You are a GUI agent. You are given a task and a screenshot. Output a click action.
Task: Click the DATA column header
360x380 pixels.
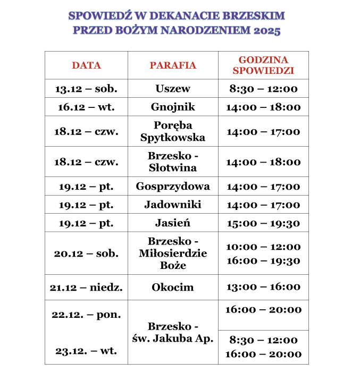[86, 65]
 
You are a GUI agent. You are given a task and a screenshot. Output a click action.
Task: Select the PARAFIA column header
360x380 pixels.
[173, 65]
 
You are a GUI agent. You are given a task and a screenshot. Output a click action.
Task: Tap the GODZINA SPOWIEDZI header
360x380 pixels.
[263, 65]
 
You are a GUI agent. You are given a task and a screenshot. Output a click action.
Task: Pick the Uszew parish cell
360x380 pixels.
[173, 89]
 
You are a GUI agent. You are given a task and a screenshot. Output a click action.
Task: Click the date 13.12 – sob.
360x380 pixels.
[86, 89]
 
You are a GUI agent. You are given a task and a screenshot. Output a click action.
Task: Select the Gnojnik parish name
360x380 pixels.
[173, 107]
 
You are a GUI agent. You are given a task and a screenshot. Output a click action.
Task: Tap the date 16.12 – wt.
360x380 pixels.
[86, 107]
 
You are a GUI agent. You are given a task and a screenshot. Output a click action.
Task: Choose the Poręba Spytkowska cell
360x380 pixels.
[173, 131]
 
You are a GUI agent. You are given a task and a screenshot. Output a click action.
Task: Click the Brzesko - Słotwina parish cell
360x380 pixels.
[173, 162]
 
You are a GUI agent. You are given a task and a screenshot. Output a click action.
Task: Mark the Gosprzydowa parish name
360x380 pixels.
[173, 187]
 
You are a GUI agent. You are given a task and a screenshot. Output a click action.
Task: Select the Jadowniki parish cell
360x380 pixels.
[173, 205]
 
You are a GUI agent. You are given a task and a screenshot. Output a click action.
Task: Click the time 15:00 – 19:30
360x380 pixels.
[263, 223]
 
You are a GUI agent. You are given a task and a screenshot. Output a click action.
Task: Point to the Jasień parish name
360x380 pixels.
[173, 223]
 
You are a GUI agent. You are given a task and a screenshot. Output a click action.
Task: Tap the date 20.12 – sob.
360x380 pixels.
[86, 253]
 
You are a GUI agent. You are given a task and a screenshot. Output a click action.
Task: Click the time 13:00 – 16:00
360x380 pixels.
[263, 287]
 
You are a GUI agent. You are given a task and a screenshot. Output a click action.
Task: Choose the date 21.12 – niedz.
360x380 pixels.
[86, 288]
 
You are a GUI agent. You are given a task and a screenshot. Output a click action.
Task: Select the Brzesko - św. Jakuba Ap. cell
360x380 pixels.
[173, 332]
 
